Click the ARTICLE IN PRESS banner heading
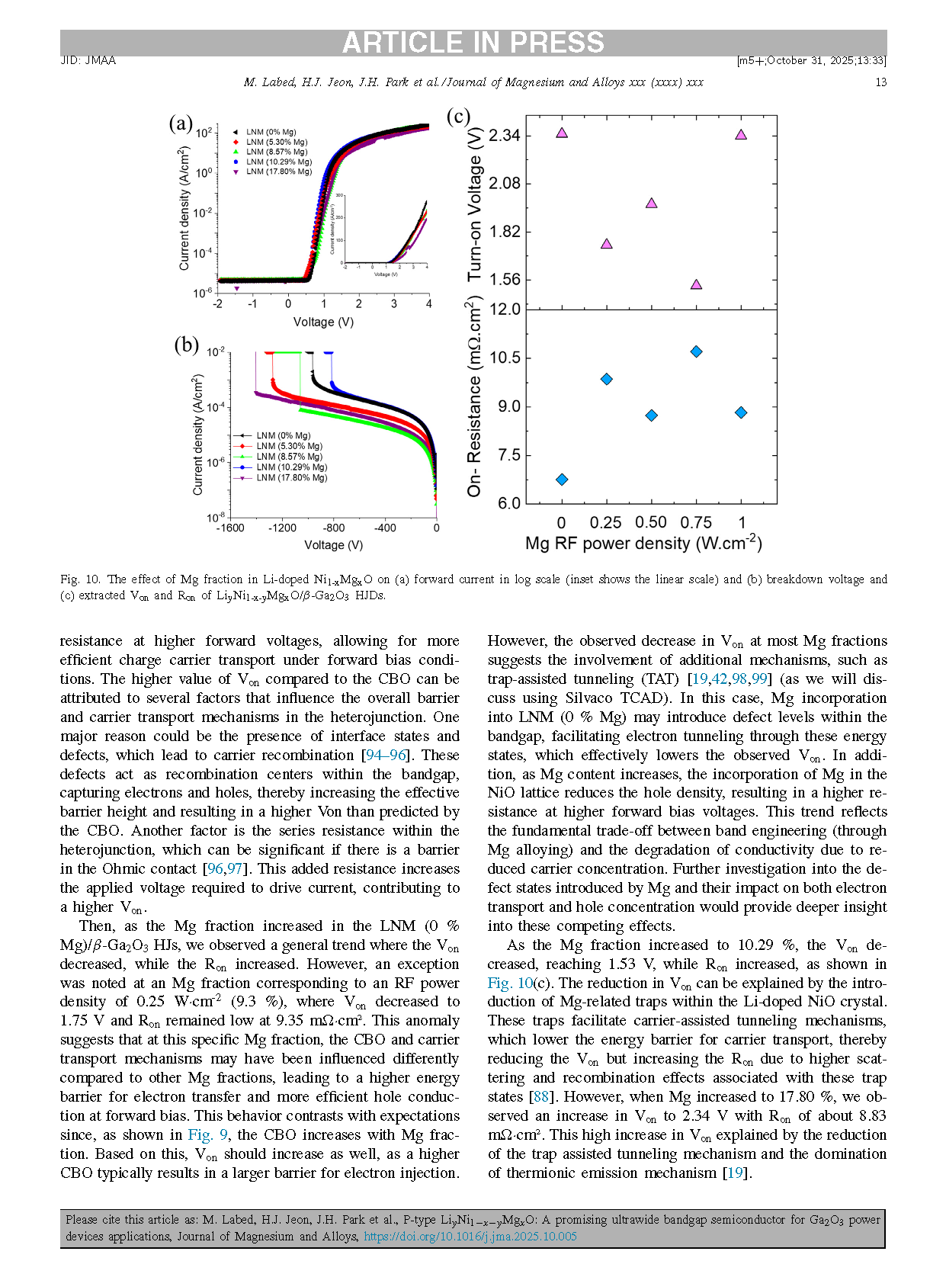coord(473,43)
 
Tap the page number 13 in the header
coord(880,82)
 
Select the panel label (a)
coord(181,124)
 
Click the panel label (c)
coord(458,116)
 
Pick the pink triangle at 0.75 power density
coord(696,284)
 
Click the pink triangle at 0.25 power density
coord(607,244)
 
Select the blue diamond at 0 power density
coord(562,480)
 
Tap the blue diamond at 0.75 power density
coord(696,351)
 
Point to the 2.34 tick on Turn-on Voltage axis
coord(504,136)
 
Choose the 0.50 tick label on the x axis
coord(651,523)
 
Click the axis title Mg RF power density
coord(643,544)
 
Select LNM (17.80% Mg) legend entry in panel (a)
coord(278,172)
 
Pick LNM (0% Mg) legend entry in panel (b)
coord(283,436)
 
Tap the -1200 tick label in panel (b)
coord(282,528)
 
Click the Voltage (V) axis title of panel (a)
coord(323,322)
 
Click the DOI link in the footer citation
coord(470,1237)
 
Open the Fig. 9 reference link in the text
coord(208,1135)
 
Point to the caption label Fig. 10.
coord(80,579)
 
